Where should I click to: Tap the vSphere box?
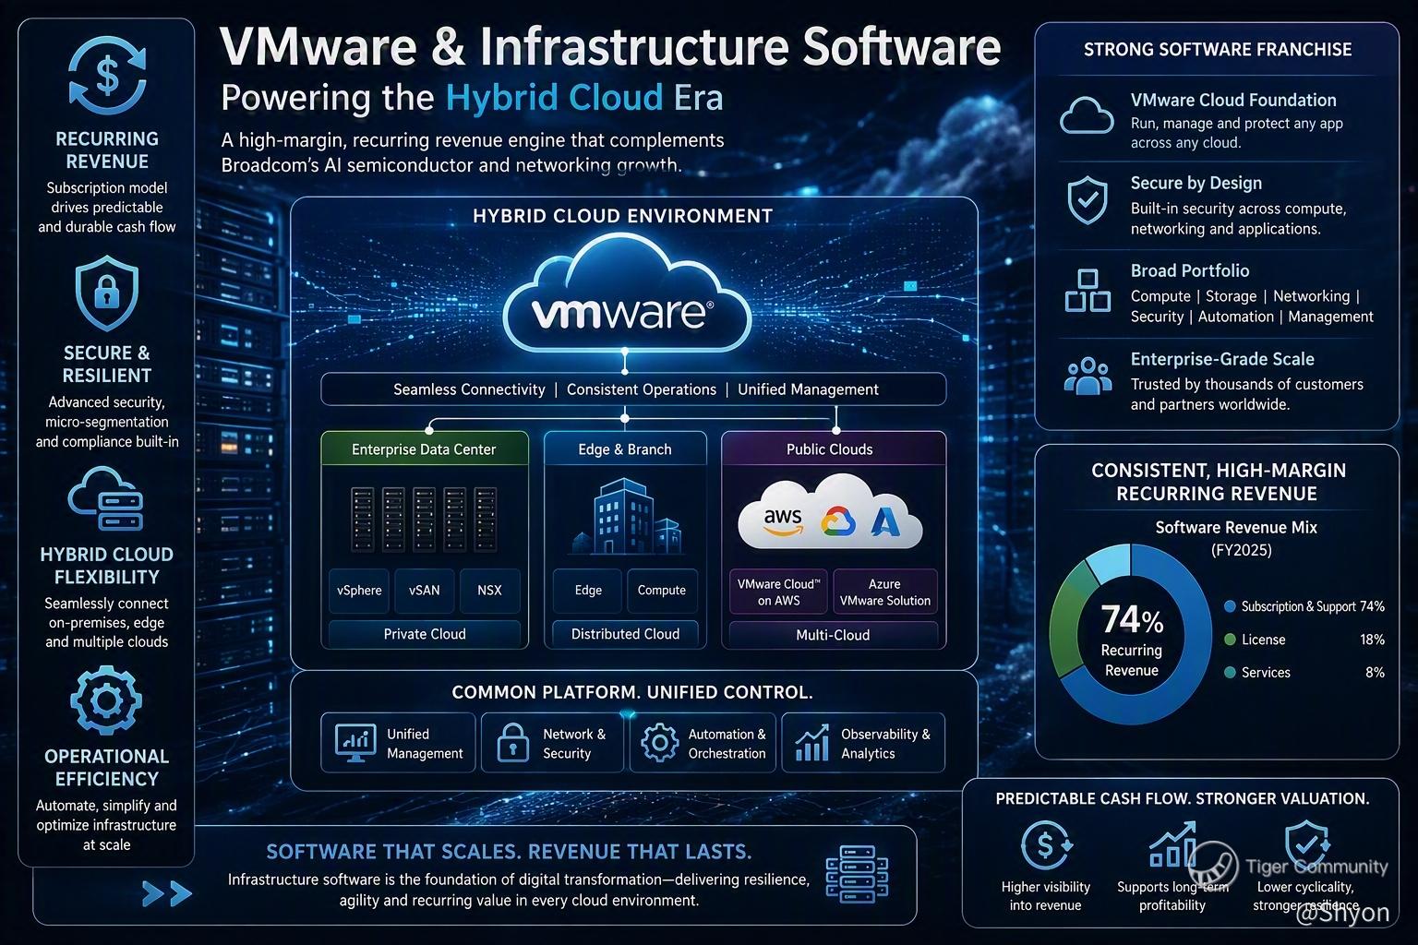[x=359, y=591]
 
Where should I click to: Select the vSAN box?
[x=424, y=591]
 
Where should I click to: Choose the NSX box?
[x=489, y=591]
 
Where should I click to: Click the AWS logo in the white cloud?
[x=783, y=521]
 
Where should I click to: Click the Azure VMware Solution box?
[x=885, y=592]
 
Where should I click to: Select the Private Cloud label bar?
[x=424, y=634]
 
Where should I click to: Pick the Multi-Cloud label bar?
[x=833, y=635]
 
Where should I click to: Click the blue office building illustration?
[x=625, y=517]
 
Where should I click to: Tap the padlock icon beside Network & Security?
[x=512, y=742]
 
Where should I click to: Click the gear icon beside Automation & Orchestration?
[x=660, y=742]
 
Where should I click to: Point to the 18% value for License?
[x=1372, y=640]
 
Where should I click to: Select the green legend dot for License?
[x=1230, y=640]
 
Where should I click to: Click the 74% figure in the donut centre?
[x=1132, y=619]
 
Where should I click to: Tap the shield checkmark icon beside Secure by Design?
[x=1088, y=200]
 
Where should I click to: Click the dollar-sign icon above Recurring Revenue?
[x=108, y=76]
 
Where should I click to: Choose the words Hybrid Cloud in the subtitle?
[x=555, y=98]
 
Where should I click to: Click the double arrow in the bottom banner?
[x=167, y=893]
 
